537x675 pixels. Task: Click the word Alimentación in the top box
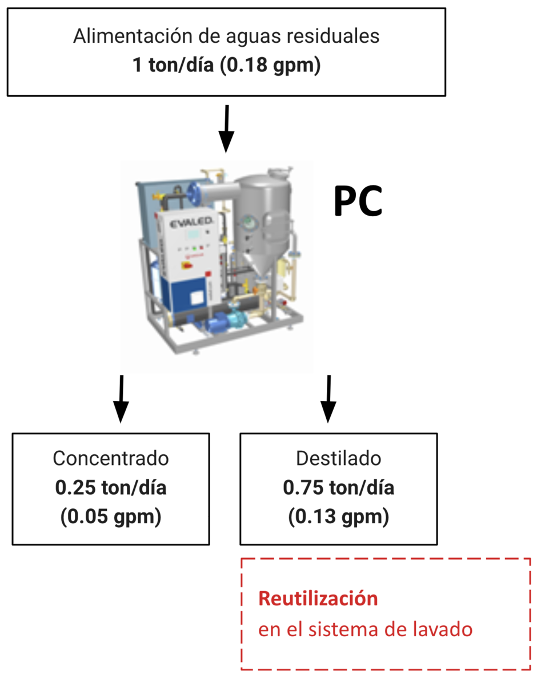tap(133, 36)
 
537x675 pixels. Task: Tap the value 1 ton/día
tap(173, 65)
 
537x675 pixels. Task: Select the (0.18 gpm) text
tap(270, 66)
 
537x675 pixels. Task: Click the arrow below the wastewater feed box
tap(226, 129)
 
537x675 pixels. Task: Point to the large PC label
tap(358, 201)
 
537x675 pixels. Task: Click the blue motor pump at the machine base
tap(226, 320)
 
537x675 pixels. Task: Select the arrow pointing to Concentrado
tap(121, 399)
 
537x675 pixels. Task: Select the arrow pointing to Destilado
tap(328, 399)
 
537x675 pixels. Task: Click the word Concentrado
tap(111, 459)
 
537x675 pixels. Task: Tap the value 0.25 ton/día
tap(111, 488)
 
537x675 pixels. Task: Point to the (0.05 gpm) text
tap(111, 516)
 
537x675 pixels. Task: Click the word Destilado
tap(339, 459)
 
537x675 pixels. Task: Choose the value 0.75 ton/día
tap(339, 488)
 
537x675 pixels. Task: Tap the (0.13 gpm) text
tap(339, 516)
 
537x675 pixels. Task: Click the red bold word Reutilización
tap(318, 599)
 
